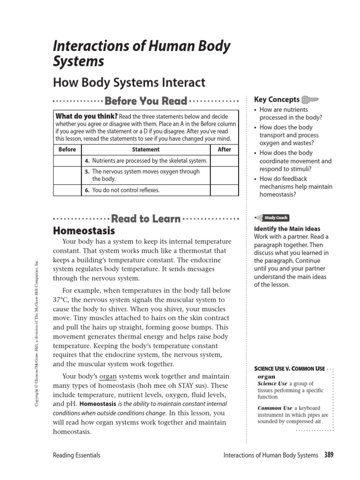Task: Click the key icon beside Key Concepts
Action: (x=310, y=99)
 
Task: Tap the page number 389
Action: (x=329, y=455)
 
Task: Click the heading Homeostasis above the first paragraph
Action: (x=84, y=231)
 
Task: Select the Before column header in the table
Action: (x=67, y=150)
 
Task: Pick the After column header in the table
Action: (x=225, y=150)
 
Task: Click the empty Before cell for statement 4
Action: (x=67, y=161)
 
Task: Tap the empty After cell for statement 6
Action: (x=225, y=190)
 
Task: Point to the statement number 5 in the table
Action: (x=87, y=172)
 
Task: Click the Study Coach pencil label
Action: (x=271, y=218)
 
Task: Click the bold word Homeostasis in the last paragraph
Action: (x=98, y=404)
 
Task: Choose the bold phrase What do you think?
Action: (x=86, y=116)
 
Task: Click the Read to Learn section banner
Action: (x=146, y=219)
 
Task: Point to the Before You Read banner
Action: (x=146, y=101)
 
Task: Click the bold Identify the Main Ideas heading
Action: (x=287, y=229)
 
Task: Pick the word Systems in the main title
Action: (x=79, y=61)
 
